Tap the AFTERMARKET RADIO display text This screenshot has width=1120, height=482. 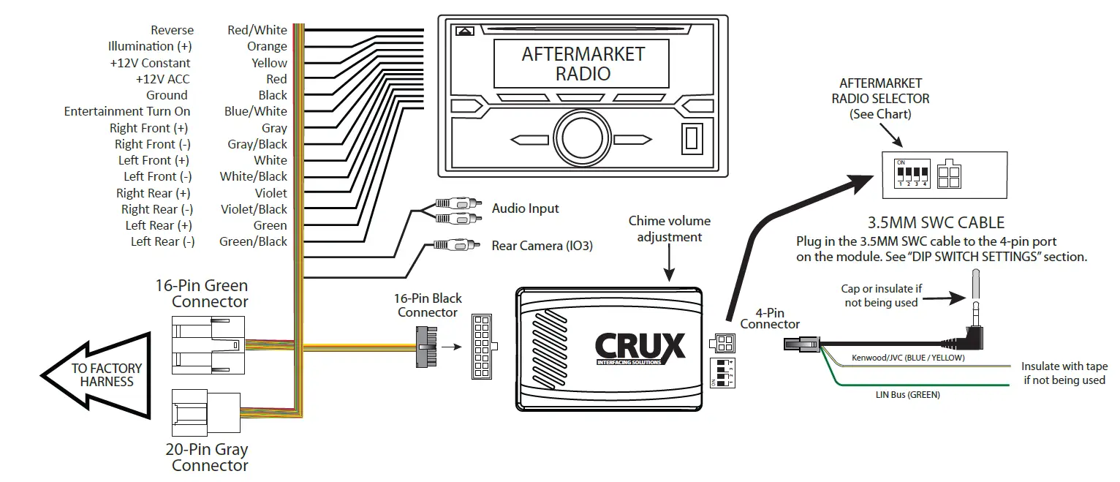click(583, 64)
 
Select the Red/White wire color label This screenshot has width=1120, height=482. click(257, 30)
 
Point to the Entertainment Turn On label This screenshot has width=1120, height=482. click(127, 111)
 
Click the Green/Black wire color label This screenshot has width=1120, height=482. click(253, 241)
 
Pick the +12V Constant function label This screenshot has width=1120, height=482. click(150, 63)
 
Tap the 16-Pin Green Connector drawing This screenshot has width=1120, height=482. click(209, 344)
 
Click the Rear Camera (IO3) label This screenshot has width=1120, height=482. click(542, 246)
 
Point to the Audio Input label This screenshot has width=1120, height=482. click(525, 208)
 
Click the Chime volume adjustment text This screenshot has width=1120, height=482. click(669, 228)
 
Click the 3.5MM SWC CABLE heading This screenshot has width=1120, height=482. click(935, 222)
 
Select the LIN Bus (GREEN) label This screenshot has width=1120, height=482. click(907, 394)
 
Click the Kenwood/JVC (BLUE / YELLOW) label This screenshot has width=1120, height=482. click(908, 358)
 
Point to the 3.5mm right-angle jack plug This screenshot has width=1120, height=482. click(975, 322)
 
